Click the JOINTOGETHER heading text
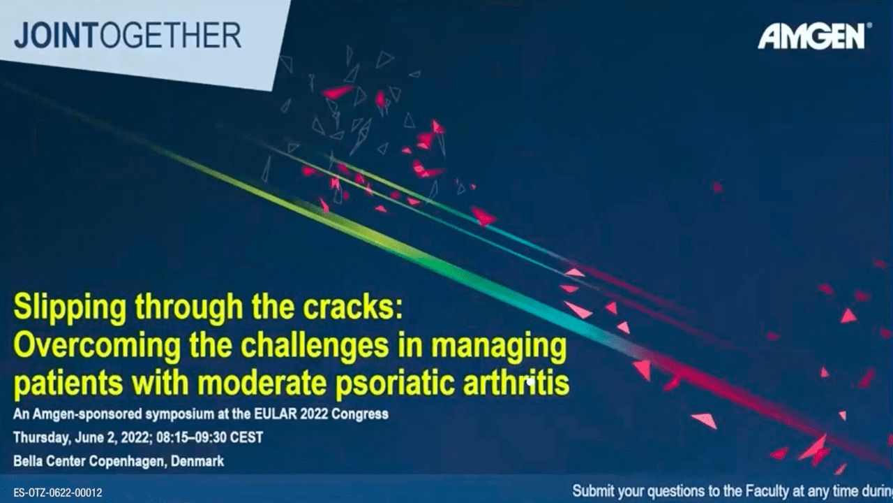click(x=128, y=36)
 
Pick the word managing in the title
click(x=499, y=347)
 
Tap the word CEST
click(x=247, y=437)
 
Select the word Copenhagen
click(x=128, y=462)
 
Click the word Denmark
click(x=197, y=462)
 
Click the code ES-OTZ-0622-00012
click(x=58, y=493)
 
